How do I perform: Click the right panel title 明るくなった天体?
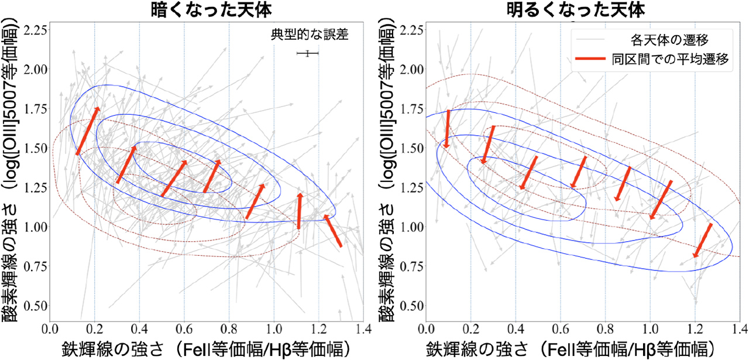point(583,10)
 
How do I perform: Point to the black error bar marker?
point(307,54)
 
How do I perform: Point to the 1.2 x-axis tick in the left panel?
point(319,328)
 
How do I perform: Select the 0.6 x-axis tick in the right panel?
point(561,328)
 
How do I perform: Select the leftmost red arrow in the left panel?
point(87,131)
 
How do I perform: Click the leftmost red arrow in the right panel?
point(447,129)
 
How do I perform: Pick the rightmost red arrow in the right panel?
point(703,240)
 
